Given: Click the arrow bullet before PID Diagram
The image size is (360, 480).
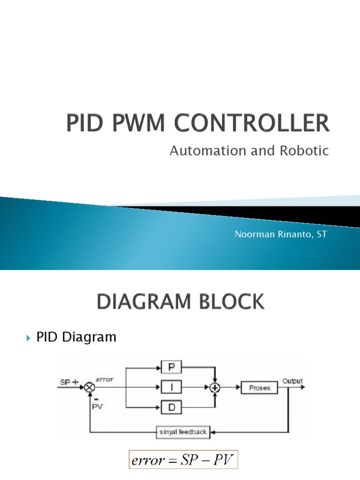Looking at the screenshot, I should pyautogui.click(x=29, y=337).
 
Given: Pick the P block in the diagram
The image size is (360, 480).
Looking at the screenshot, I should pyautogui.click(x=172, y=367).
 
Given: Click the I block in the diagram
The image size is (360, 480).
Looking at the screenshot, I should pyautogui.click(x=172, y=387).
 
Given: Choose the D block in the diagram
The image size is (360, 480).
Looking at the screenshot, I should pyautogui.click(x=172, y=408).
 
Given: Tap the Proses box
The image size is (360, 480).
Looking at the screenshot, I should pyautogui.click(x=260, y=388).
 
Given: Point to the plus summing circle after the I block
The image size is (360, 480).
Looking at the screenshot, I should pyautogui.click(x=215, y=388).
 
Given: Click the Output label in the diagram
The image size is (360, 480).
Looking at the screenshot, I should pyautogui.click(x=292, y=381).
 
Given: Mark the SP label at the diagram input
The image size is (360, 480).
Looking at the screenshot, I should pyautogui.click(x=65, y=382).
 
